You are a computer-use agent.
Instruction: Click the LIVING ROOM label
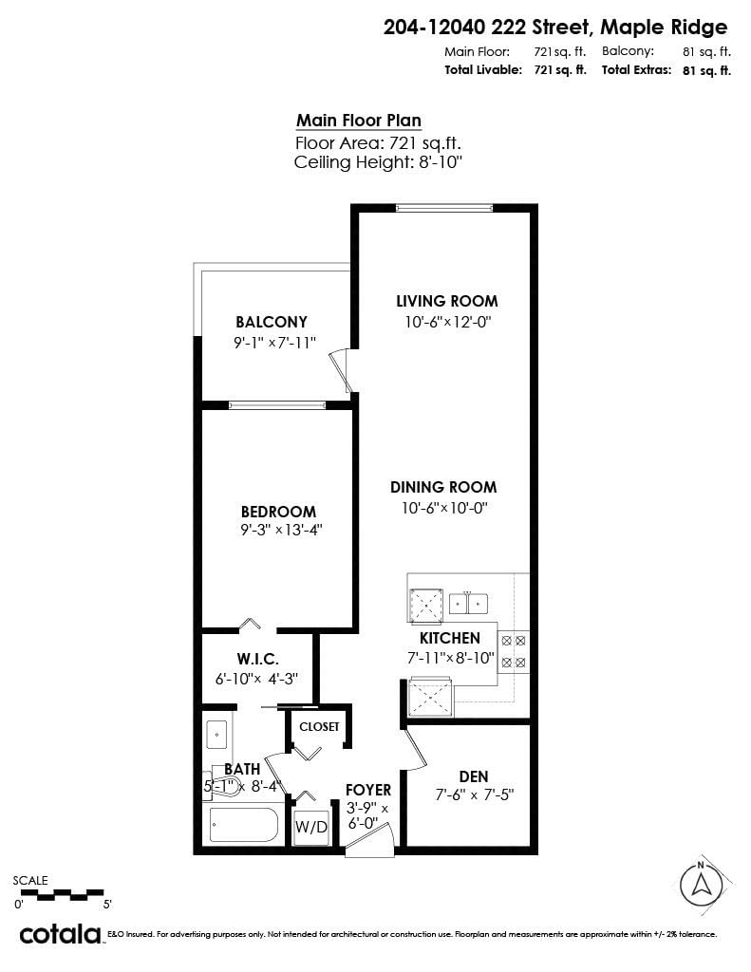pos(446,301)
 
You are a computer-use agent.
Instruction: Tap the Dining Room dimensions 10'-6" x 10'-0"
pos(443,508)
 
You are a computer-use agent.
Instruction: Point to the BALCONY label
pos(272,322)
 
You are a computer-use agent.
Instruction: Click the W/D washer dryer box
pos(310,827)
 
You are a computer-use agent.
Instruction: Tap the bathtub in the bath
pos(243,825)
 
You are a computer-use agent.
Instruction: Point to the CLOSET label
pos(319,726)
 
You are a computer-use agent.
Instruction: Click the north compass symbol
pos(701,885)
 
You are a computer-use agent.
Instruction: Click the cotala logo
pos(60,934)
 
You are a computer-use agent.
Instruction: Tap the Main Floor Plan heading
pos(359,121)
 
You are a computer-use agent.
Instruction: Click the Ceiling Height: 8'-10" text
pos(378,162)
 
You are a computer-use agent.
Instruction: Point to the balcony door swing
pos(341,371)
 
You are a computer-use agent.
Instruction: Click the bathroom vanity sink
pos(216,734)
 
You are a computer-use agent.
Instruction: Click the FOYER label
pos(367,789)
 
